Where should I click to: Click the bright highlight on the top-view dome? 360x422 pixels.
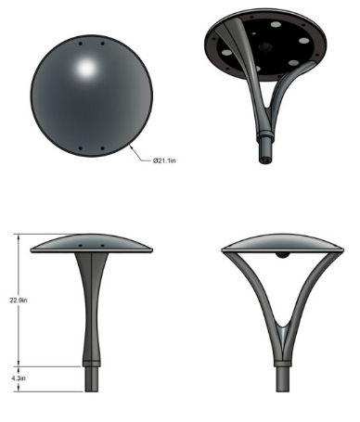pyautogui.click(x=90, y=69)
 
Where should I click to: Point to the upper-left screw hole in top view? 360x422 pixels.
pyautogui.click(x=82, y=43)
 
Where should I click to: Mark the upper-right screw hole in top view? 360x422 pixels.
pyautogui.click(x=99, y=43)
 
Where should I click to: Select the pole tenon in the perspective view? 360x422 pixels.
pyautogui.click(x=264, y=149)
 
